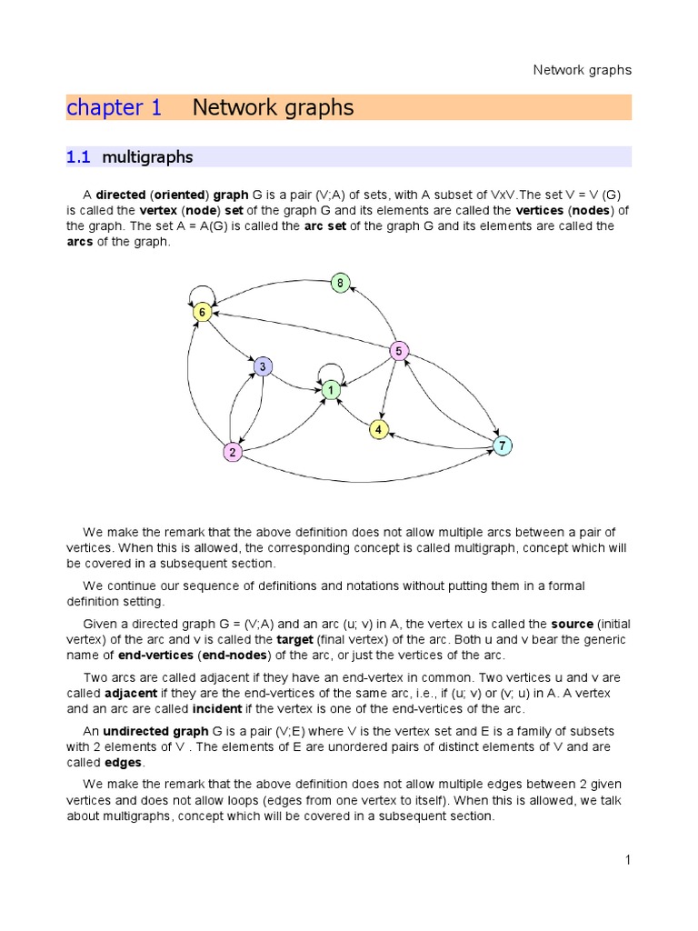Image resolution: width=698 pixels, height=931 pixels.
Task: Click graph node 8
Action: [340, 283]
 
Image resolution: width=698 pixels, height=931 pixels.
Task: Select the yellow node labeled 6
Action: [203, 312]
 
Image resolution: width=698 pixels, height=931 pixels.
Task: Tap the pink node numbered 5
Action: [398, 350]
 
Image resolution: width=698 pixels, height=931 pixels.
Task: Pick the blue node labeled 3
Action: [263, 366]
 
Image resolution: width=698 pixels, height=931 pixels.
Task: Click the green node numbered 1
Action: [331, 389]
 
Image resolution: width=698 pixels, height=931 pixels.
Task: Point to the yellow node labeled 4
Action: [379, 429]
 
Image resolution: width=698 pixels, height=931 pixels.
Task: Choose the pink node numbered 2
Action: [233, 452]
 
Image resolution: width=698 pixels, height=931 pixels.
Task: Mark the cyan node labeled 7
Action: [502, 445]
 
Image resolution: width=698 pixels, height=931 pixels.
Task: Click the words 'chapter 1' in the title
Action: [115, 108]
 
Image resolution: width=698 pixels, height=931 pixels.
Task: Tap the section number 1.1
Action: [79, 157]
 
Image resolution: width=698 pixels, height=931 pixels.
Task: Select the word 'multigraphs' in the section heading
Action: [147, 157]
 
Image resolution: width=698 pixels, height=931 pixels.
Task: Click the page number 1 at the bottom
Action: [627, 860]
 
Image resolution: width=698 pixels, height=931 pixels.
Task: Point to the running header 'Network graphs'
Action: [582, 70]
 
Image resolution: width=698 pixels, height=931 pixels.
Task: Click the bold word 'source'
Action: [572, 624]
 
